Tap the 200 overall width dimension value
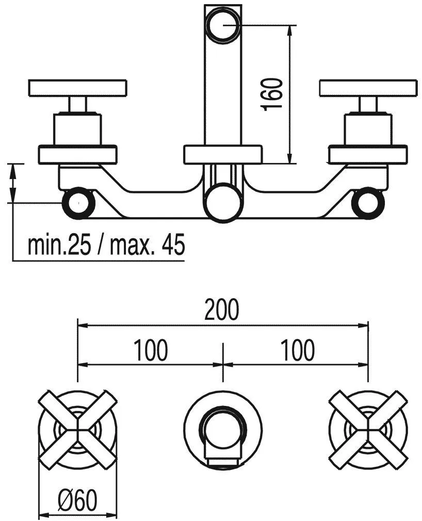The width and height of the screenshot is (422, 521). click(222, 310)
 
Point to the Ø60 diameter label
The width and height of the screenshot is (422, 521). click(77, 499)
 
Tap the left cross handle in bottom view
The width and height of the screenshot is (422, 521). click(77, 429)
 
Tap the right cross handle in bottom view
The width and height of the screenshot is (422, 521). click(368, 429)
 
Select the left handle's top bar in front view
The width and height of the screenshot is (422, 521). click(77, 88)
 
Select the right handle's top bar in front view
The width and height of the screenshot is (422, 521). click(368, 88)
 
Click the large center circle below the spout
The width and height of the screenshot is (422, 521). click(222, 201)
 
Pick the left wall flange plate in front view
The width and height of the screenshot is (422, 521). click(78, 155)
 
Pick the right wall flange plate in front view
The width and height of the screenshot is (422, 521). click(368, 155)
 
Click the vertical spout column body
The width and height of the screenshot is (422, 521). click(222, 93)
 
